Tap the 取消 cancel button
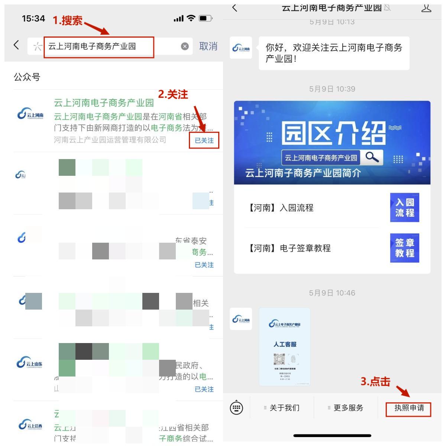coord(208,46)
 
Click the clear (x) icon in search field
coord(185,46)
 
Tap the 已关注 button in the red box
coord(204,140)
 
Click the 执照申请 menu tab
coord(409,408)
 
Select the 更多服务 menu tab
coord(346,408)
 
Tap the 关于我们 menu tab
coord(282,408)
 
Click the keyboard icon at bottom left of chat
coord(236,408)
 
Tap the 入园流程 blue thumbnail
coord(404,208)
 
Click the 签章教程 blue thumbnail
coord(404,248)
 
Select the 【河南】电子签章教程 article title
coord(288,248)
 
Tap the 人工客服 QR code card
coord(285,346)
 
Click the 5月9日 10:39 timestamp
coord(332,89)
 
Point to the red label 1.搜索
coord(67,20)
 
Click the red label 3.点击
coord(375,382)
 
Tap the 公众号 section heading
coord(27,77)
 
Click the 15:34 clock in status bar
coord(33,19)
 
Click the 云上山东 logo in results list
coord(30,363)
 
